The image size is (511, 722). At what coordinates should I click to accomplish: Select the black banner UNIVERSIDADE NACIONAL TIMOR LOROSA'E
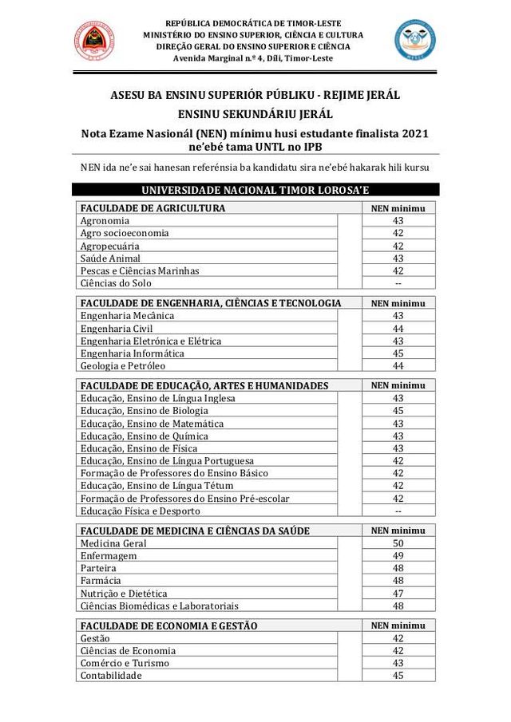coord(255,190)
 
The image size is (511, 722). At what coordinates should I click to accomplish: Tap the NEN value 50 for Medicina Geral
coord(398,543)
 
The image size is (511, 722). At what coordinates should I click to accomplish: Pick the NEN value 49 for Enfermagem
coord(398,556)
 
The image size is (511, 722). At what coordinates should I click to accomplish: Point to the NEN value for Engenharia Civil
coord(398,329)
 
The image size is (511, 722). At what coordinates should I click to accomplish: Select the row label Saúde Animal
coord(110,258)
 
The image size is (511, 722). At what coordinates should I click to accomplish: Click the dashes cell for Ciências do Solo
coord(398,283)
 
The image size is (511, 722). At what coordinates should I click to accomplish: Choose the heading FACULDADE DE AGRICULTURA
coord(153,208)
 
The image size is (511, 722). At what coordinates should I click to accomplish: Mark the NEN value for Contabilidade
coord(398,676)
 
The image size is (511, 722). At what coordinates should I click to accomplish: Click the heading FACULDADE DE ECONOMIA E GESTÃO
coord(168,625)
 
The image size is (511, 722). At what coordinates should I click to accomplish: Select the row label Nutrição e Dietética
coord(124,594)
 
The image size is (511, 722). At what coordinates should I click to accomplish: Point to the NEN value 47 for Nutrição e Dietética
coord(398,594)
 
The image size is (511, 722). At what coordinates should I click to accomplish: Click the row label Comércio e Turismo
coord(123,664)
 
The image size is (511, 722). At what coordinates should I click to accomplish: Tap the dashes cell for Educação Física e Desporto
coord(398,511)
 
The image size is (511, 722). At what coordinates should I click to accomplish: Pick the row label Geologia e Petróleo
coord(122,366)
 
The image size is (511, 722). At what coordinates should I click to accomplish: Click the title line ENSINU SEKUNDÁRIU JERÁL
coord(255,114)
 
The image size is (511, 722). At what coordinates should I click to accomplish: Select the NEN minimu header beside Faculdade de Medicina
coord(398,531)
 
